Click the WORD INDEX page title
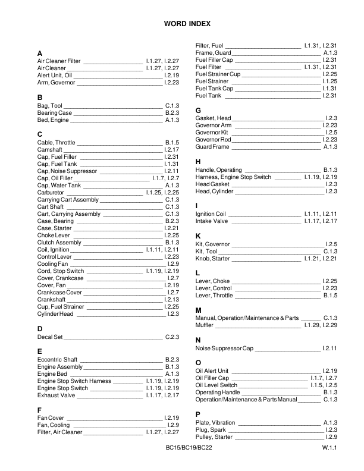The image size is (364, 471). pos(182,24)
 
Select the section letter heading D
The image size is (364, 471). pos(39,328)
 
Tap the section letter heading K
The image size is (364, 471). pos(198,236)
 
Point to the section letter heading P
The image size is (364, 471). pos(198,414)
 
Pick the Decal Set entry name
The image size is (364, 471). pos(50,337)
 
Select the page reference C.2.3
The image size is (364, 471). pos(172,337)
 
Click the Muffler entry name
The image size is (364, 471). pos(206,325)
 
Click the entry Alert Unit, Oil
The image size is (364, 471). pos(55,76)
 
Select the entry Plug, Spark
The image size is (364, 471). pos(211,430)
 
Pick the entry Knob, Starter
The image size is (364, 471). pos(213,259)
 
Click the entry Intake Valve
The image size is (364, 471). pos(212,221)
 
